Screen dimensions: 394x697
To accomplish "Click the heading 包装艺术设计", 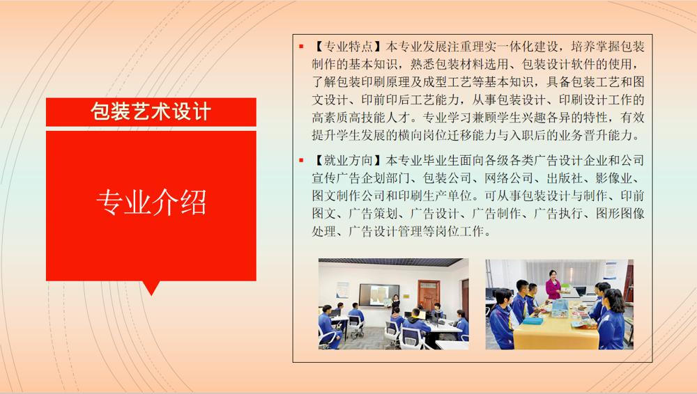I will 151,111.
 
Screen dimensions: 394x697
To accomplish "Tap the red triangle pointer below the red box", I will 151,287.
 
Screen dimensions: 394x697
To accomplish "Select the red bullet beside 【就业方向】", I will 301,160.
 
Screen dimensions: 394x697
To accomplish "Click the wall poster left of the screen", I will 342,289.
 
